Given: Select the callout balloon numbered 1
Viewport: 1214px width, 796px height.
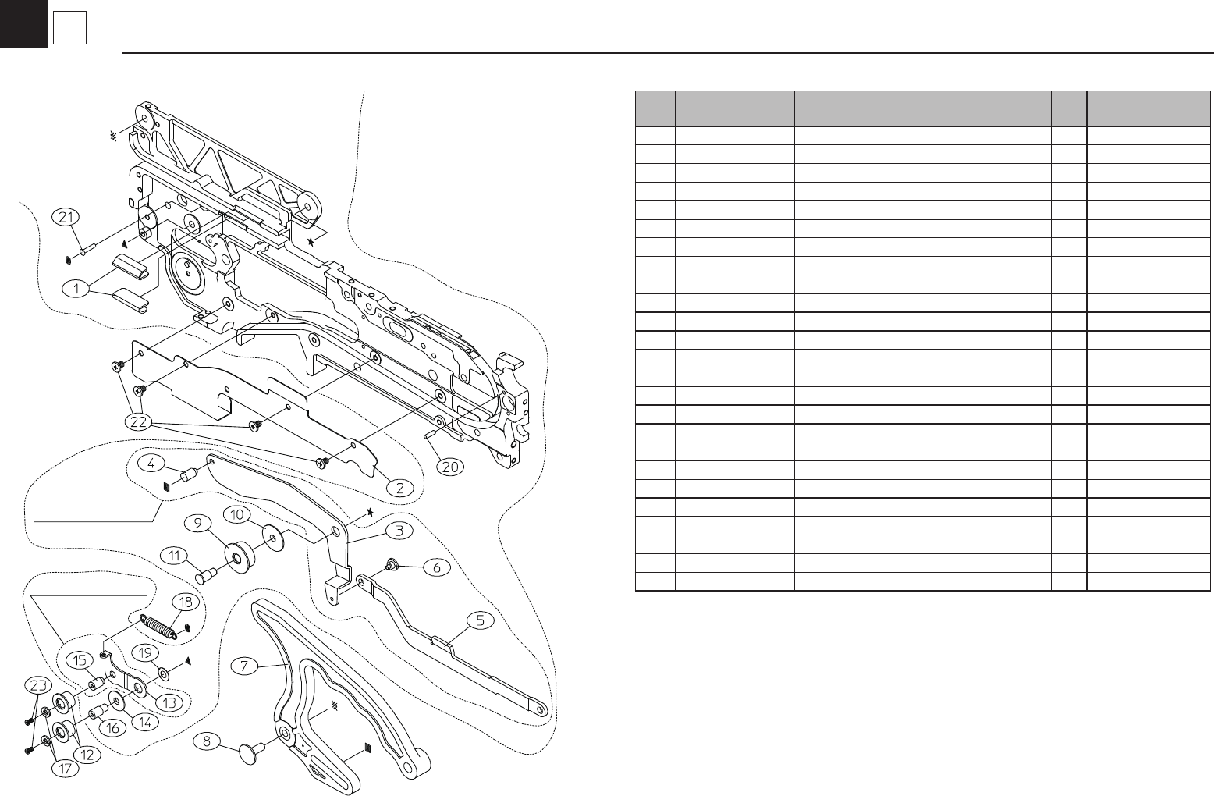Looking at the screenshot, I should coord(76,288).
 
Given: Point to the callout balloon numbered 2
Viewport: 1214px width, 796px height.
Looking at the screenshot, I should coord(399,488).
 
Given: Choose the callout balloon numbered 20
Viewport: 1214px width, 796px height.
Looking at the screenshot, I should coord(450,467).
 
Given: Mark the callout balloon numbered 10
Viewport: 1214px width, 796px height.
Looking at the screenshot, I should coord(237,514).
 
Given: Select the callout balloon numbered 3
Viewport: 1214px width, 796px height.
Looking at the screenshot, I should coord(399,531).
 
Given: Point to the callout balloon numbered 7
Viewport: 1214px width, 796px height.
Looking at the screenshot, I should coord(245,666).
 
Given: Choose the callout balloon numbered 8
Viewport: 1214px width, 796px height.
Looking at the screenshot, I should coord(207,741).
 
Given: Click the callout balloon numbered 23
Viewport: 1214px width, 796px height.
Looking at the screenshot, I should coord(37,685).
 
